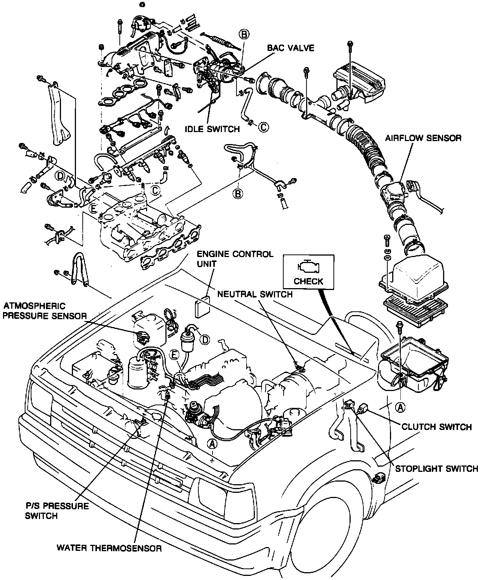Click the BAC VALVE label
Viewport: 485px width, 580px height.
click(290, 48)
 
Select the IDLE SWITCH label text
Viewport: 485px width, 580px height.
click(212, 129)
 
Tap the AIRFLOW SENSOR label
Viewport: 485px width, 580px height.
click(423, 138)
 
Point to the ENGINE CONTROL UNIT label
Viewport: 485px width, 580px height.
click(235, 259)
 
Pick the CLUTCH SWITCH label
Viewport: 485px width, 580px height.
click(436, 427)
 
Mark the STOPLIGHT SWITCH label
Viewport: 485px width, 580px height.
click(436, 468)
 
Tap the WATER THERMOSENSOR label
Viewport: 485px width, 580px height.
click(109, 549)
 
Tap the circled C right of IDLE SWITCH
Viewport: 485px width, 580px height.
click(263, 126)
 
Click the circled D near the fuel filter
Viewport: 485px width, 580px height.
click(204, 339)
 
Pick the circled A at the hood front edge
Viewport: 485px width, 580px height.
click(212, 444)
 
